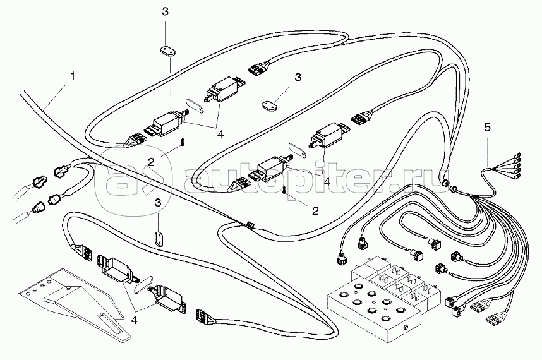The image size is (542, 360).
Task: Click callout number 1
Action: coord(73,76)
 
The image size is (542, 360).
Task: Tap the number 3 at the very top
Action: coord(165,12)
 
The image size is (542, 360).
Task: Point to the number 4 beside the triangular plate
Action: coord(134,320)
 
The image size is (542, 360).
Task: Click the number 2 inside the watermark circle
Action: coord(152,162)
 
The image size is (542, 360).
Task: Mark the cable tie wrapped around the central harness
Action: coord(251,224)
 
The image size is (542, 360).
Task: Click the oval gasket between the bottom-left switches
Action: coord(143,282)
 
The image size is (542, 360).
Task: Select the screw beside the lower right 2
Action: coord(286,188)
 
